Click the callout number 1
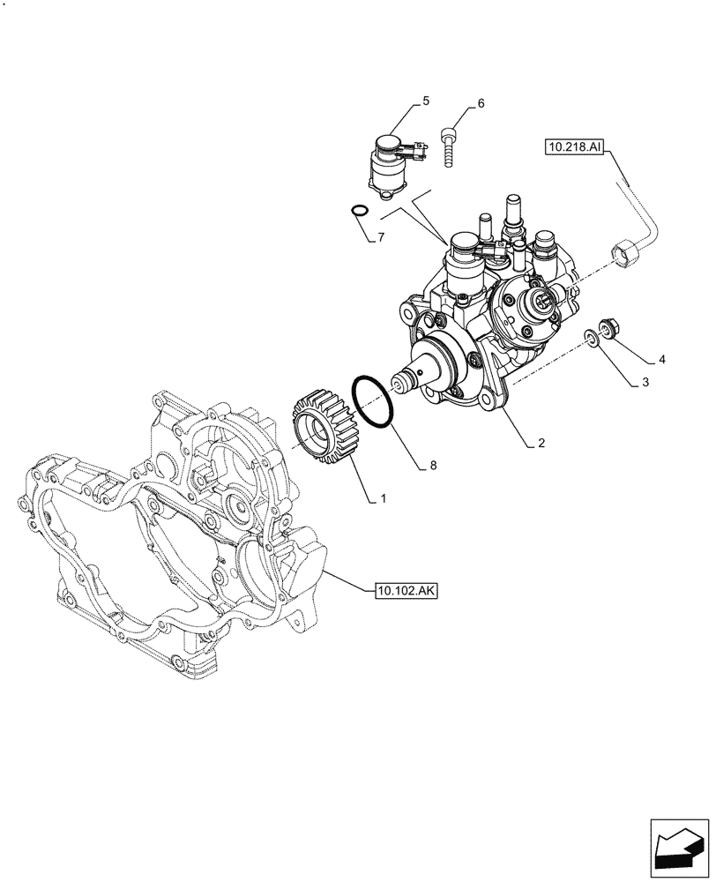click(383, 499)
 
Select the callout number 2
click(541, 444)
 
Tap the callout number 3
click(645, 382)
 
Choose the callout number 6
click(481, 103)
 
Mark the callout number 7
click(381, 237)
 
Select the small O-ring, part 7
click(358, 210)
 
